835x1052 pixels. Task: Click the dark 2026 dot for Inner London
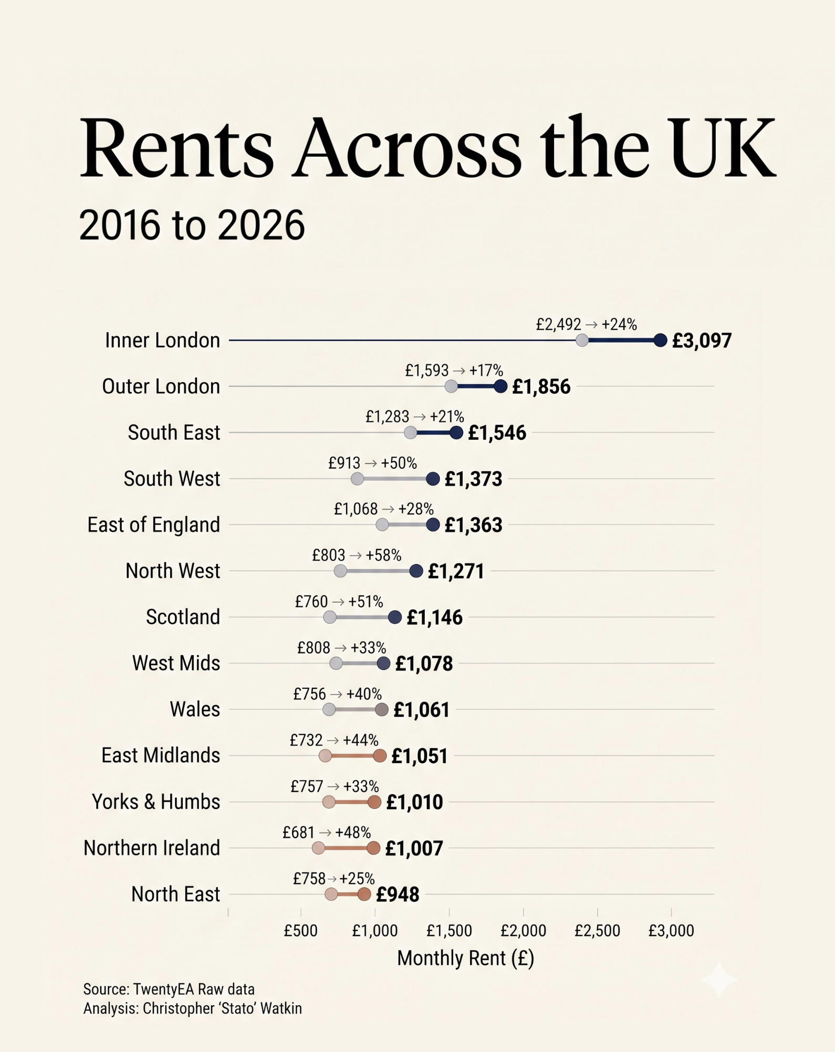tap(660, 340)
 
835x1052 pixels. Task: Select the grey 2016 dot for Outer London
tap(451, 386)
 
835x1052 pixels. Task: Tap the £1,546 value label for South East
tap(497, 432)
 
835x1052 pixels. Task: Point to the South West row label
tap(172, 479)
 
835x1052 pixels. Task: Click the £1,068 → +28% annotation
tap(384, 509)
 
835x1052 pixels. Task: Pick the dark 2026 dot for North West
tap(416, 571)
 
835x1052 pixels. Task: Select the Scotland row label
tap(183, 617)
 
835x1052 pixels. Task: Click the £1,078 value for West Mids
tap(424, 663)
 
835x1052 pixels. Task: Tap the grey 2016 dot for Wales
tap(329, 709)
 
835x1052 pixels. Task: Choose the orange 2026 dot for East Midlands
tap(380, 756)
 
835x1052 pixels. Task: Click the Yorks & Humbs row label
tap(156, 802)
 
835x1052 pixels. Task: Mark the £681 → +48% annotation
tap(327, 832)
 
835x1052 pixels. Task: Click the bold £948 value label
tap(398, 894)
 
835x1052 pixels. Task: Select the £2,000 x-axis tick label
tap(523, 931)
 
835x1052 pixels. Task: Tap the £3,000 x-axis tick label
tap(671, 931)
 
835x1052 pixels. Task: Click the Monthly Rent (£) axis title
tap(465, 958)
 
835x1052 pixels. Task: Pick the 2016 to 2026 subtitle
tap(192, 225)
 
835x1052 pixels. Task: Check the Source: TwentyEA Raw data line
tap(169, 989)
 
